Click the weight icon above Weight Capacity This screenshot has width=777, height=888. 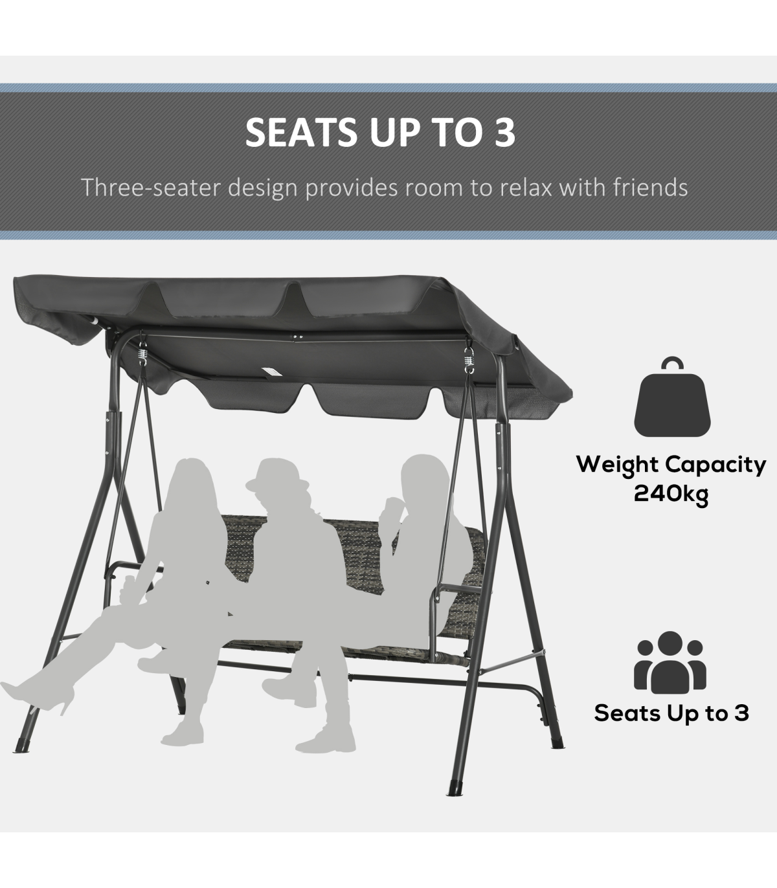coord(672,397)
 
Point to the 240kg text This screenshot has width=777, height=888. coord(671,493)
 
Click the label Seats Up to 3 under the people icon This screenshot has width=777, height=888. coord(671,713)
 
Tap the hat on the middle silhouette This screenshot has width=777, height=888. coord(276,475)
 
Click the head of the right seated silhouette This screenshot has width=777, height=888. coord(423,478)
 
